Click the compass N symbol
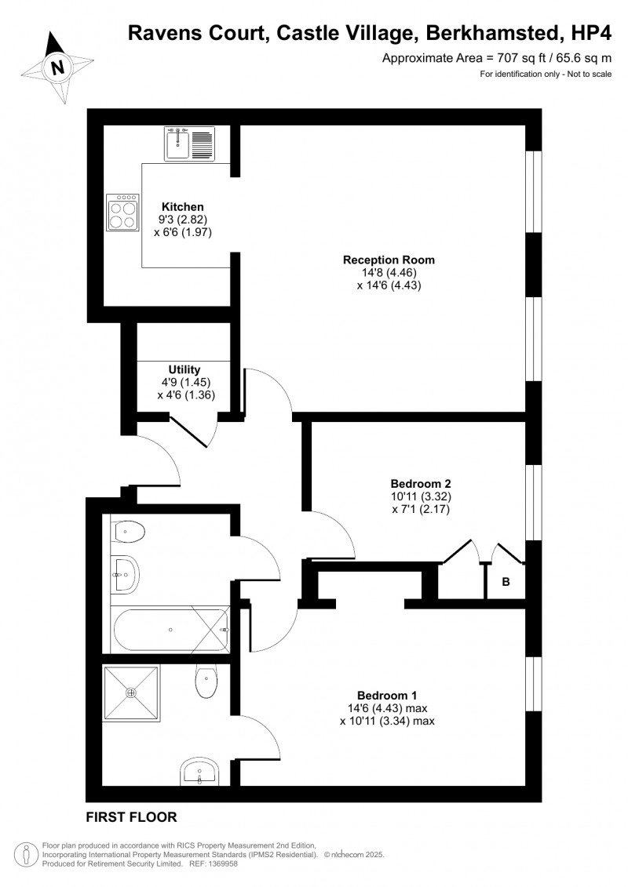point(57,67)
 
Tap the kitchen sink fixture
point(189,144)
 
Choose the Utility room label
point(184,369)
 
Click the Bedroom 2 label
point(421,483)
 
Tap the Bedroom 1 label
point(387,695)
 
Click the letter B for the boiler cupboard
point(506,582)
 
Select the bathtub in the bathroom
point(171,629)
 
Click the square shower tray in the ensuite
point(131,693)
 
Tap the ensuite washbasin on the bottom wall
point(200,772)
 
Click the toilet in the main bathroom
point(129,533)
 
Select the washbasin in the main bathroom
point(125,573)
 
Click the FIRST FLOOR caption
point(132,816)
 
